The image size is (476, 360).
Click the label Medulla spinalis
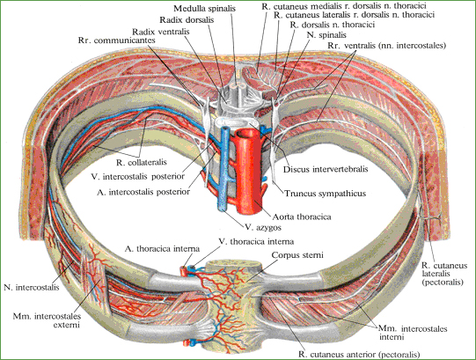204,9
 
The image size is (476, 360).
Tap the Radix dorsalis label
187,20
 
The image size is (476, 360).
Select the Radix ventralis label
161,32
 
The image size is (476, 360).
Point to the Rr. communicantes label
116,40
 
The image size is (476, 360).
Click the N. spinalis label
326,35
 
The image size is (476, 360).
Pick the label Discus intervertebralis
326,169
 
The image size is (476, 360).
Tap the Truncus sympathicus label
325,194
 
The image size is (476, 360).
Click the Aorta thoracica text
302,217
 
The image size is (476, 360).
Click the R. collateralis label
142,162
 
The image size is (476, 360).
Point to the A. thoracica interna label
162,249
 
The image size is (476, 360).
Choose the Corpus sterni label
297,255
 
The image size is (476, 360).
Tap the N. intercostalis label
32,287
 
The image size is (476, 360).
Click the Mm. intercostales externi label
47,320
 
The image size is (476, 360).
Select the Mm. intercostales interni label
413,333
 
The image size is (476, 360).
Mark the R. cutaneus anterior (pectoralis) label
359,354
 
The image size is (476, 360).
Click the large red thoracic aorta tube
249,170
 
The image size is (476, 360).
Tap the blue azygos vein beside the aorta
224,169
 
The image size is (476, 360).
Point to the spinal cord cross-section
239,86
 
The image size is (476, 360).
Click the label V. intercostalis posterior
138,177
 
